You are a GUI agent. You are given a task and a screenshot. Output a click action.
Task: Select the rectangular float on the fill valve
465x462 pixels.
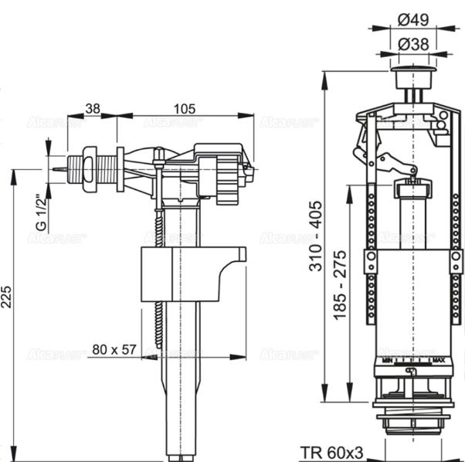189,273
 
